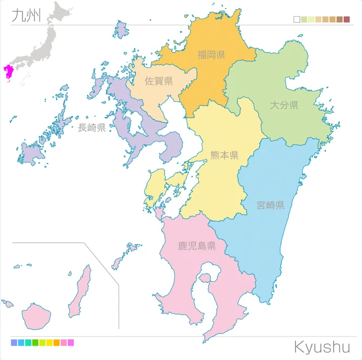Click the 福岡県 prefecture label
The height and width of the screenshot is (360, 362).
(211, 55)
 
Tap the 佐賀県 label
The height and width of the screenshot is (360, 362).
(159, 81)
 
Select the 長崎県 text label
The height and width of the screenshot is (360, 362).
(92, 128)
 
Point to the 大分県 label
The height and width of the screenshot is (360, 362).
(284, 105)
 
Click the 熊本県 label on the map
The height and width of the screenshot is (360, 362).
(224, 155)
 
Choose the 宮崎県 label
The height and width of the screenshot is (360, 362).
(270, 205)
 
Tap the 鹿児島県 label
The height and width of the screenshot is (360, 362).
(197, 246)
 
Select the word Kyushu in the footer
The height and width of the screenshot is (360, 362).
(322, 347)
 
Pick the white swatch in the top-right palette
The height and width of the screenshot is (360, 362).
(297, 20)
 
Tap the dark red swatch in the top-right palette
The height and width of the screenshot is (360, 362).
(346, 20)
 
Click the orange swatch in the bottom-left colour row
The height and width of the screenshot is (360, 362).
(57, 343)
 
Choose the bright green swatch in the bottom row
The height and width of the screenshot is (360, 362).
(35, 343)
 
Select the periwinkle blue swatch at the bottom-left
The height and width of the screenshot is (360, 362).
(14, 343)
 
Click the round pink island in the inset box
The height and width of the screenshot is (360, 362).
(36, 316)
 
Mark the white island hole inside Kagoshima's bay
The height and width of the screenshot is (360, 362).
(206, 277)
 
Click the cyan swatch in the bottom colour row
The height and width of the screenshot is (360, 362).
(21, 343)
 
